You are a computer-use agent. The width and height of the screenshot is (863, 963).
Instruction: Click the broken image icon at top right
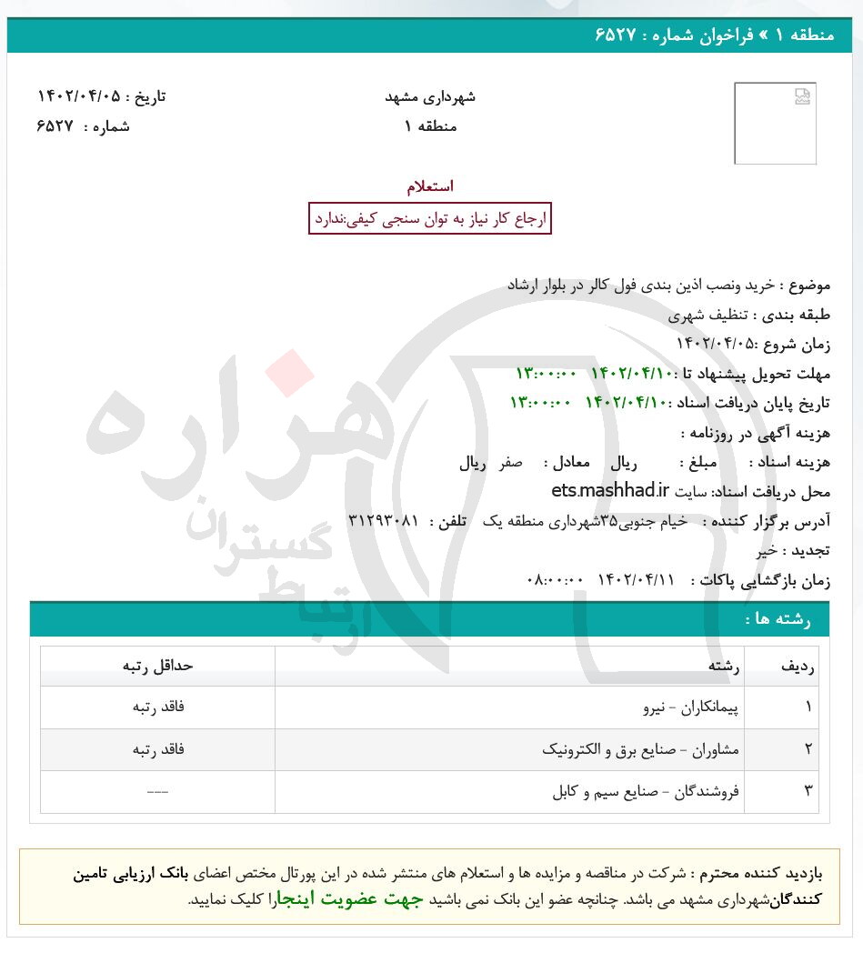click(801, 97)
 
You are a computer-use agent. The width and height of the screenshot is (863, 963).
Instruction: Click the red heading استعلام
click(430, 186)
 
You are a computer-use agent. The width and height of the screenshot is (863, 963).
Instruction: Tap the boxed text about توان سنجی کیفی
click(430, 219)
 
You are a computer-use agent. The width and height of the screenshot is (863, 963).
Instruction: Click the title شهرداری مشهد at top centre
click(430, 96)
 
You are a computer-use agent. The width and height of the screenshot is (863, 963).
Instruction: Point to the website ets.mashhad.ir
click(609, 491)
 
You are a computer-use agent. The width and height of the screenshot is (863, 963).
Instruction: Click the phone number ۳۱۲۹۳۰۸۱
click(383, 521)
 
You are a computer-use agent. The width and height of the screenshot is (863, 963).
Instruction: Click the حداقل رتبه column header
click(158, 666)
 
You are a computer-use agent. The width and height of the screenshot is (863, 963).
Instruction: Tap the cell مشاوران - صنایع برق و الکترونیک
click(640, 750)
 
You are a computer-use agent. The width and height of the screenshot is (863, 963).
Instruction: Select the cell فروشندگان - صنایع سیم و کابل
click(646, 792)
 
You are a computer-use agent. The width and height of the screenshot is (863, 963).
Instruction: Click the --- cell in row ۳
click(158, 792)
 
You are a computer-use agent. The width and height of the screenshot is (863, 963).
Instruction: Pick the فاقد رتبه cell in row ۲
click(158, 750)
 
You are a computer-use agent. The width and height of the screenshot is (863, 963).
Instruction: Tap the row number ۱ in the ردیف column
click(808, 707)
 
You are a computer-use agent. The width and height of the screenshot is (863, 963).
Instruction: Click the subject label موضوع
click(806, 285)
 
